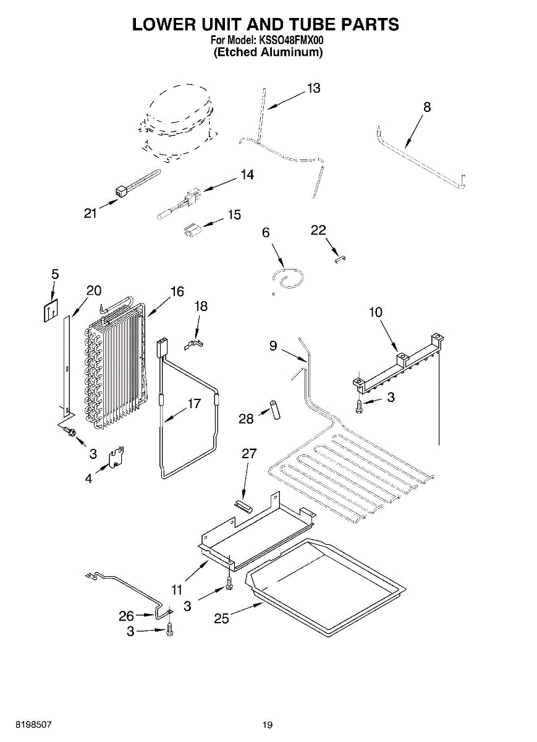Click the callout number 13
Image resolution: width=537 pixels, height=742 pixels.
pos(313,88)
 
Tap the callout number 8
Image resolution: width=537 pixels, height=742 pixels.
pos(427,107)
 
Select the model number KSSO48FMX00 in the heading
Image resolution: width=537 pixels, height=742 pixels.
pos(290,40)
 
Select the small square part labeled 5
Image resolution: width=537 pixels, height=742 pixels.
pos(51,310)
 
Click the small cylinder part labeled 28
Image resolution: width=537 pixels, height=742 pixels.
pos(275,410)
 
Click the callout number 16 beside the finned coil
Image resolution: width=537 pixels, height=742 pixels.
pos(177,291)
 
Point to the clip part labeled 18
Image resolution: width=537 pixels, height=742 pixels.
pos(194,344)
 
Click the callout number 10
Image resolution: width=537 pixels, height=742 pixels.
pos(376,312)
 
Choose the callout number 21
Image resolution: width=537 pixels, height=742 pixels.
pos(90,213)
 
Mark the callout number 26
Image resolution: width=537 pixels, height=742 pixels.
pos(127,616)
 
